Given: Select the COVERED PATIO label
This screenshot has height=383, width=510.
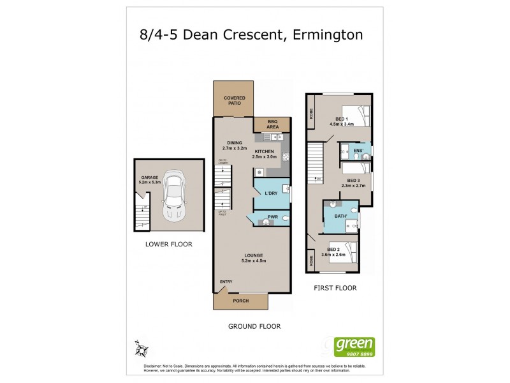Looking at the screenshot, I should [234, 100].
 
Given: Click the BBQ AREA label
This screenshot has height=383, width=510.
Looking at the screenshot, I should [273, 124].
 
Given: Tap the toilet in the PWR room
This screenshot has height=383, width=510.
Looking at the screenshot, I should [284, 218].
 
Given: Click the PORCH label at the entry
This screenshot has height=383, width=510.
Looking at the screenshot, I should [240, 301].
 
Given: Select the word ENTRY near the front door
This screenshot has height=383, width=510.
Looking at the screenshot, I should [226, 282].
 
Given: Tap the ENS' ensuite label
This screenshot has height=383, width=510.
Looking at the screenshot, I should [358, 151].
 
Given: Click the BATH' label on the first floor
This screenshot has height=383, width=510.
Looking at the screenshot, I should [341, 216].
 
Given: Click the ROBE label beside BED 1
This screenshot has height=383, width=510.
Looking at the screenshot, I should [312, 113].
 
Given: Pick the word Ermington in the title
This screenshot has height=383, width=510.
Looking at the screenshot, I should [328, 34].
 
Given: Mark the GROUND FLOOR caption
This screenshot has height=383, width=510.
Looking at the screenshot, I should [254, 326].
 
